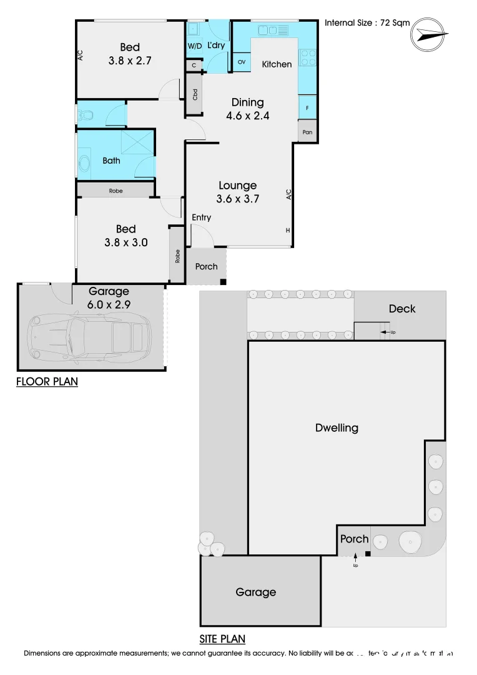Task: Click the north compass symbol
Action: click(x=430, y=35)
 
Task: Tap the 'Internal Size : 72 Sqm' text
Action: click(x=367, y=22)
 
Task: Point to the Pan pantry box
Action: click(x=307, y=132)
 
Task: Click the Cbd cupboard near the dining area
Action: click(x=195, y=94)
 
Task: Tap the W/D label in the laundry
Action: click(x=194, y=46)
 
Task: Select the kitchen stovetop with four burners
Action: click(x=308, y=57)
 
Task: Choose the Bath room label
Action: click(x=111, y=161)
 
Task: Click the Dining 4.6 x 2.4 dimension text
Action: click(x=247, y=109)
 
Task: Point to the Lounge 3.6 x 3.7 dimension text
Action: click(x=237, y=192)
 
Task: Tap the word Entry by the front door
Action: click(x=201, y=217)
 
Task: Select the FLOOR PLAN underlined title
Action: click(x=47, y=382)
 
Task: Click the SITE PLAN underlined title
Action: click(x=222, y=639)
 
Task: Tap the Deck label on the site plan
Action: click(x=401, y=309)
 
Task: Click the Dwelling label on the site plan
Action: click(x=337, y=428)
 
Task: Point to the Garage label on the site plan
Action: click(x=255, y=592)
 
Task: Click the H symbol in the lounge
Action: click(x=288, y=231)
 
